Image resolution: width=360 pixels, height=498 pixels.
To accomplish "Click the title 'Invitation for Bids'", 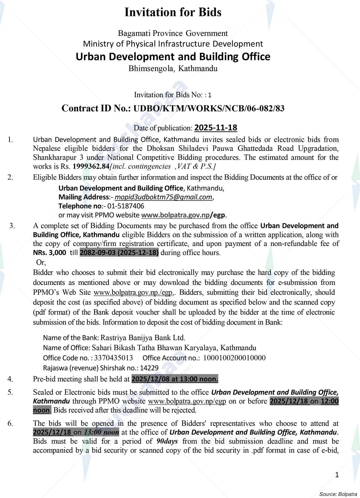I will pyautogui.click(x=173, y=12).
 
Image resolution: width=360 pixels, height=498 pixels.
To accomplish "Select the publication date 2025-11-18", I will pyautogui.click(x=216, y=127).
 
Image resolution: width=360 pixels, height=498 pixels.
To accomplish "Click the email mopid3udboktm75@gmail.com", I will pyautogui.click(x=163, y=197).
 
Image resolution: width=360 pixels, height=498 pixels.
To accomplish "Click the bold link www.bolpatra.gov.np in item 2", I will pyautogui.click(x=176, y=215).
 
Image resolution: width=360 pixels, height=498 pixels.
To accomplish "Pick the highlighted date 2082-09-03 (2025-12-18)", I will pyautogui.click(x=119, y=253).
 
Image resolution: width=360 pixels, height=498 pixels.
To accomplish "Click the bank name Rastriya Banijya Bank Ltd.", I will pyautogui.click(x=143, y=338).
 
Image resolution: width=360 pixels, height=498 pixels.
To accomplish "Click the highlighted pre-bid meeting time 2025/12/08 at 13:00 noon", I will pyautogui.click(x=175, y=379).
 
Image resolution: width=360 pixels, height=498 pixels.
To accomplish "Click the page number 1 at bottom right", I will pyautogui.click(x=337, y=475).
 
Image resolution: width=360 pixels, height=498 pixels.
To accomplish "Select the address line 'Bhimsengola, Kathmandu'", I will pyautogui.click(x=173, y=68).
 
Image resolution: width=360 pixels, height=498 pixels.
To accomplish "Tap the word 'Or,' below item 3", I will pyautogui.click(x=41, y=262).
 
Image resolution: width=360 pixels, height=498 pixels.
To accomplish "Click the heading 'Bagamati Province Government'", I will pyautogui.click(x=173, y=33).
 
